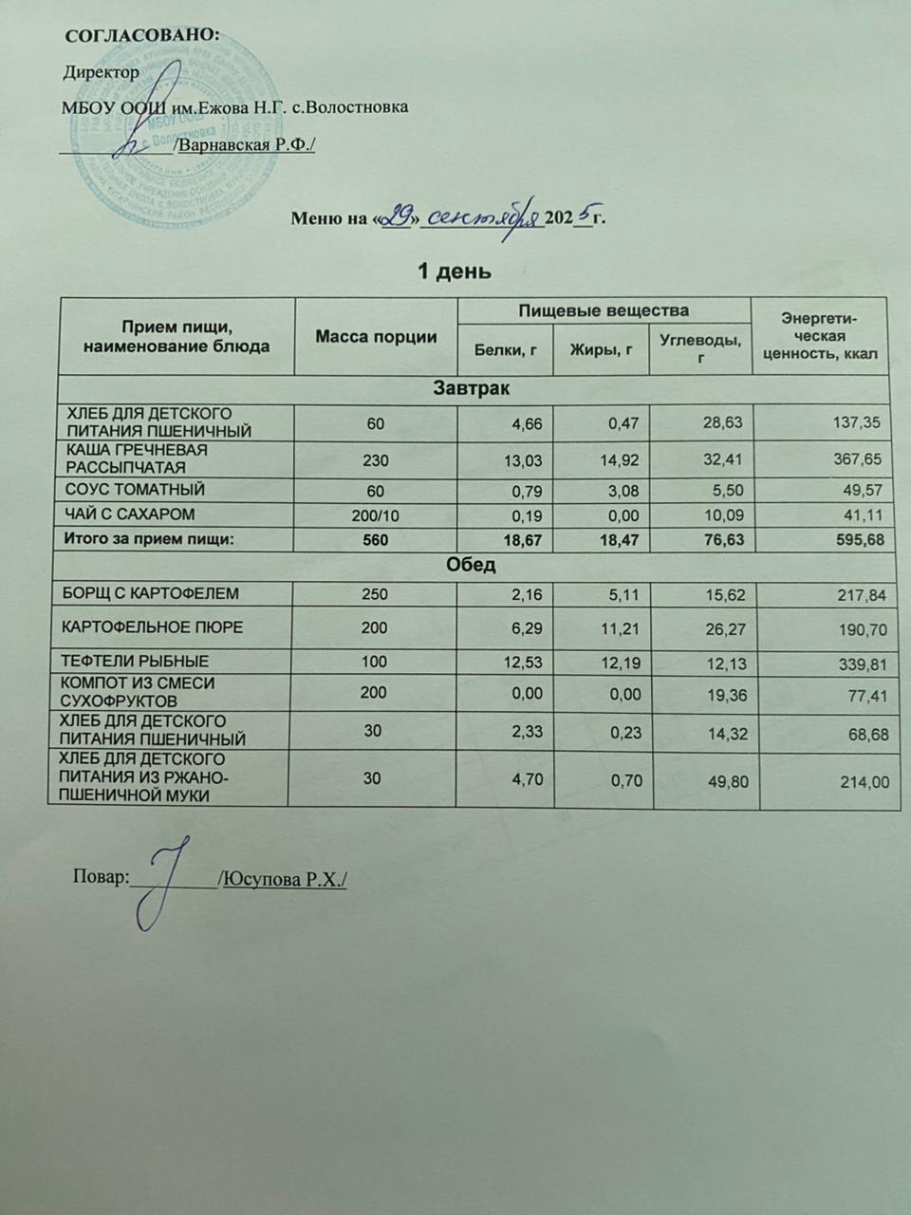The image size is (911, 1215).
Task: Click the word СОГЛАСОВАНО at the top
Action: click(140, 35)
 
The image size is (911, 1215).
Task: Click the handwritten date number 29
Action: click(396, 217)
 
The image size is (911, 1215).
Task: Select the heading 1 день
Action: click(455, 271)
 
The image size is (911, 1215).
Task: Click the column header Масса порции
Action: click(376, 337)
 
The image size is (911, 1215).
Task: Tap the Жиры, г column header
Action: click(602, 350)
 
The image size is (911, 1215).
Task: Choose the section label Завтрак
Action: click(472, 388)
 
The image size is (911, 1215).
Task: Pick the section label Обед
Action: click(472, 565)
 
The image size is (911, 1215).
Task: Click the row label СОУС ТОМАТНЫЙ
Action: click(134, 490)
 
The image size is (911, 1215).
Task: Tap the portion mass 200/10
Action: click(376, 514)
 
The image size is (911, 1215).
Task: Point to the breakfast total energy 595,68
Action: click(857, 540)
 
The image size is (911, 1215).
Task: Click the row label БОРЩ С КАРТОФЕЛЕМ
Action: click(150, 593)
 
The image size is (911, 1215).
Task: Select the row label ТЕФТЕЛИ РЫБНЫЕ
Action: click(136, 661)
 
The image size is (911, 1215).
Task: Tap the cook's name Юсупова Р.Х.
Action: click(284, 880)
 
